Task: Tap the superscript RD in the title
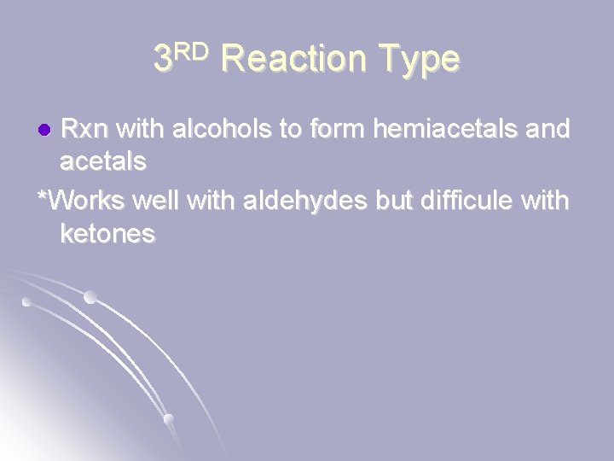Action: pyautogui.click(x=194, y=50)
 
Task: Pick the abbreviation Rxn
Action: pyautogui.click(x=88, y=130)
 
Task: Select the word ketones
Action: pyautogui.click(x=107, y=235)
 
